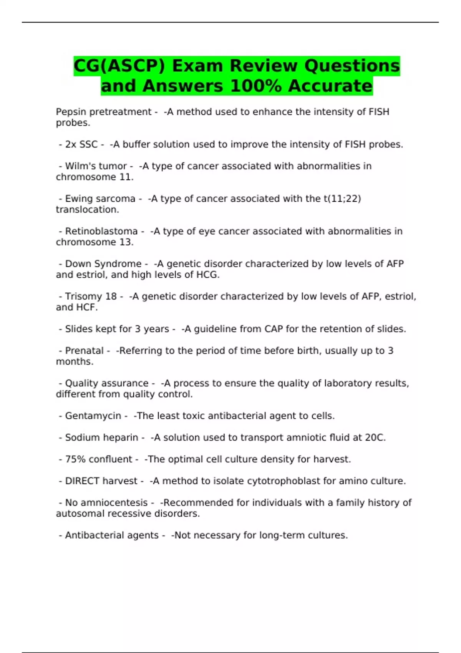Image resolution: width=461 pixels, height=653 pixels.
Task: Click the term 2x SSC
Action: [81, 144]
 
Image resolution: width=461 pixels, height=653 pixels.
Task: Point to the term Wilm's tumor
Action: [96, 166]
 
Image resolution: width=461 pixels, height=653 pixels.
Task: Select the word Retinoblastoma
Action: [101, 231]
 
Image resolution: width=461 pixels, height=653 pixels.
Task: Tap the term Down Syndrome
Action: [103, 264]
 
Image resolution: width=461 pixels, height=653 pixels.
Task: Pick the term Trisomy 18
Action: [91, 297]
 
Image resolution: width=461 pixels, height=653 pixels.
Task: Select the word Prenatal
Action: [84, 351]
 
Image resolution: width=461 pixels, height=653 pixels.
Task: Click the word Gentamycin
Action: [93, 416]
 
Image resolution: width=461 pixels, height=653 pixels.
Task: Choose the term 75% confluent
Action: [98, 459]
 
